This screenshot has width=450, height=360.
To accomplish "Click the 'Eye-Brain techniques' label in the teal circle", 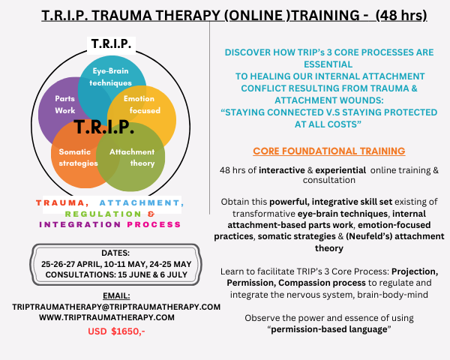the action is coord(110,76).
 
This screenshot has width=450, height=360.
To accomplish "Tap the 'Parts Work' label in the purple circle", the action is coord(64,104).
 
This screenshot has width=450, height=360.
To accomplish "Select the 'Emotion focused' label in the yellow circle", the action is coord(142,104).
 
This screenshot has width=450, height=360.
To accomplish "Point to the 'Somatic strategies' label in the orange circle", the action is coord(78,157).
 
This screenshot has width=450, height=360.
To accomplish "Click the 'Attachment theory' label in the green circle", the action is coord(132,157).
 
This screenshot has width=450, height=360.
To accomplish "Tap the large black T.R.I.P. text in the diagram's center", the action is coord(104,127).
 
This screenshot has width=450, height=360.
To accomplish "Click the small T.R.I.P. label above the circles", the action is coord(111,44).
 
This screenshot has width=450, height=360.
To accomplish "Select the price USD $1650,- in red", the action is coord(116,331).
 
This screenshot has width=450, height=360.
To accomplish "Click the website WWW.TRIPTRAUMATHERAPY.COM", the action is coord(106,317).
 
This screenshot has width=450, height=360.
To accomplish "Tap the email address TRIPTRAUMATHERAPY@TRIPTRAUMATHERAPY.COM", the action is coord(116,307).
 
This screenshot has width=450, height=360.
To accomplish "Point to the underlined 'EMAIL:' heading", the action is coord(116,295).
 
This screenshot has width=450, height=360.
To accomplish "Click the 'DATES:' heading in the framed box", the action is coord(115,253).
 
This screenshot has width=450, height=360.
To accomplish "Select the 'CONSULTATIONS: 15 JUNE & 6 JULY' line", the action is coord(116,274).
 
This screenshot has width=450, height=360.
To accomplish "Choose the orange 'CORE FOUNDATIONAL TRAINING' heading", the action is coord(329,151).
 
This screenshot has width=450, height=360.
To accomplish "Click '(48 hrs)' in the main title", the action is coord(401,15).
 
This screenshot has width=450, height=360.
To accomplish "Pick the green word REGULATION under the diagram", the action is coord(103,214).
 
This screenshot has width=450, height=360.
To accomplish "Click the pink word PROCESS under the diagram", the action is coord(154,224).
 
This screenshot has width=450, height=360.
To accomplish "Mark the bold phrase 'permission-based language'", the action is coord(329,329).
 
